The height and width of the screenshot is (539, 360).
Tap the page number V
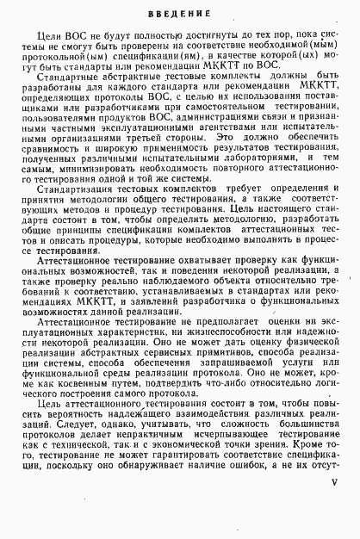(x=335, y=508)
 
